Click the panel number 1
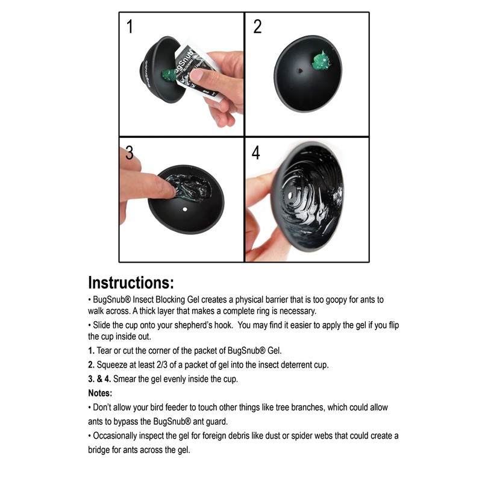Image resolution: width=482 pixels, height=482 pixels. tap(130, 27)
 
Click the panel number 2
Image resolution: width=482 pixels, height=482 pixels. tap(258, 27)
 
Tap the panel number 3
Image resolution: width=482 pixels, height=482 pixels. tap(130, 152)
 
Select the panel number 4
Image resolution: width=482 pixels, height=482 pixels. tap(255, 152)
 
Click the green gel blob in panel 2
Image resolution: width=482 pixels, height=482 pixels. tap(322, 61)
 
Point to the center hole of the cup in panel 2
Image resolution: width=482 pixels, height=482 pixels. tap(299, 71)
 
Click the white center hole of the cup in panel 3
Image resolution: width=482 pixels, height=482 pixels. tap(185, 209)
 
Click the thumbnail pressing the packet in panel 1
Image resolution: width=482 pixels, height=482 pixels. tap(198, 75)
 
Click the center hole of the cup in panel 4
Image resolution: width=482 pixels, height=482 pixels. tap(290, 195)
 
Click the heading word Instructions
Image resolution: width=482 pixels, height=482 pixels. tap(131, 283)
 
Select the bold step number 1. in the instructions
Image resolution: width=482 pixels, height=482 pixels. tap(92, 351)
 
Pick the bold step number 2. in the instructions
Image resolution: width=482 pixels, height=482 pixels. tap(92, 365)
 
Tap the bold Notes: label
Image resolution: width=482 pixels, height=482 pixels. tap(100, 393)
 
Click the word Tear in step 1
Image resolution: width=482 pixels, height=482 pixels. tap(104, 351)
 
